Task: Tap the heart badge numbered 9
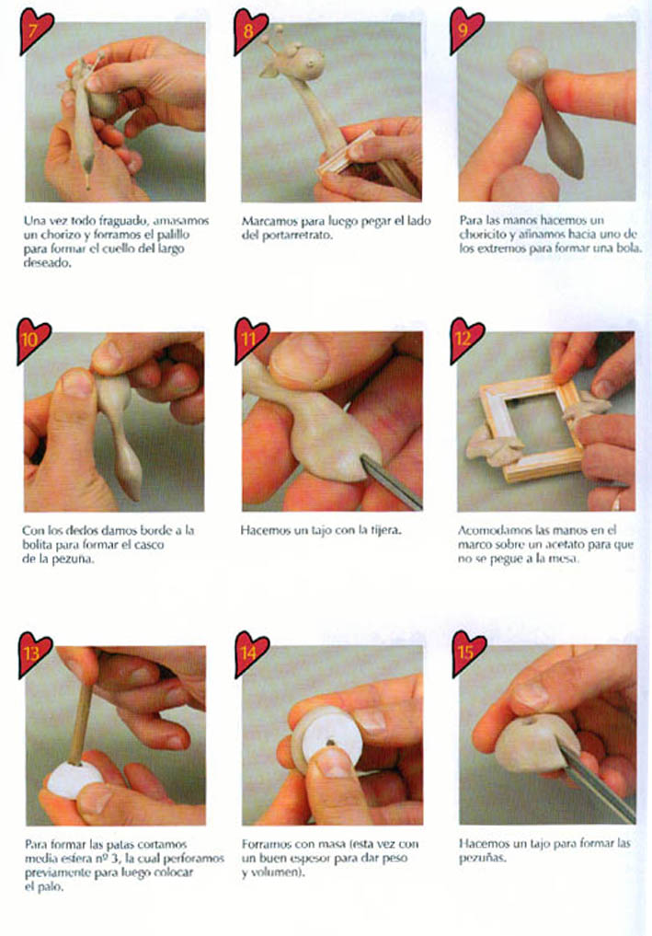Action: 465,29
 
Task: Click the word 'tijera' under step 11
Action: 384,530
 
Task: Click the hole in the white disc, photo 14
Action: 329,744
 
